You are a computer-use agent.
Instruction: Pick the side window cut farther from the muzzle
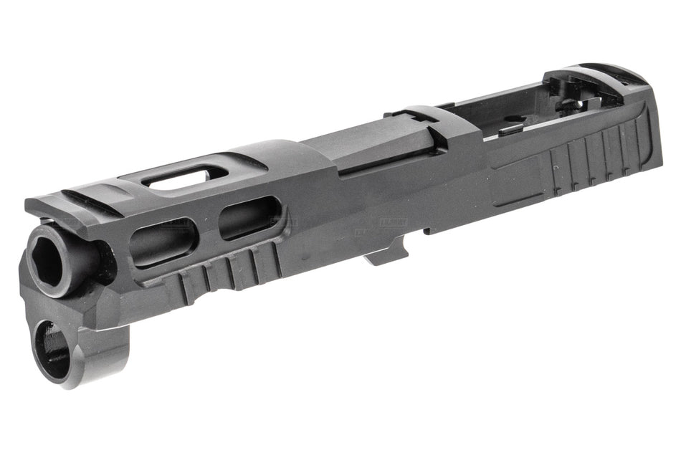249,216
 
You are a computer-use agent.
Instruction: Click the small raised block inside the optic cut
510,130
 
